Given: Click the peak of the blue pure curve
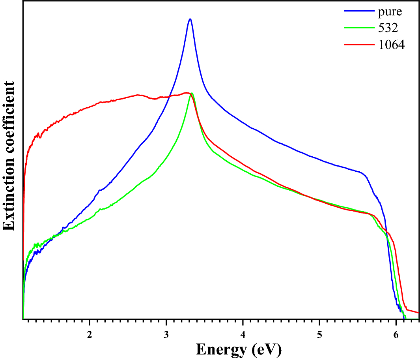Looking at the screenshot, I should coord(190,19).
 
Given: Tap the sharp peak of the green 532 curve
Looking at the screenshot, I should coord(192,93).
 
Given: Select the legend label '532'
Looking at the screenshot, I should coord(385,28).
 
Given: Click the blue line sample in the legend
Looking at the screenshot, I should coord(358,11).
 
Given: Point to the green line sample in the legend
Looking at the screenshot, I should coord(358,28).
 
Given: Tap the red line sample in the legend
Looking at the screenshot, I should coord(358,45).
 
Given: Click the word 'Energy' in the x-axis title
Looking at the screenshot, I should coord(222,349).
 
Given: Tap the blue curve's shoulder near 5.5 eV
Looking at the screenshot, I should coord(360,172).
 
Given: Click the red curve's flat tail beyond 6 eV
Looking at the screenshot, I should coord(413,311).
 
